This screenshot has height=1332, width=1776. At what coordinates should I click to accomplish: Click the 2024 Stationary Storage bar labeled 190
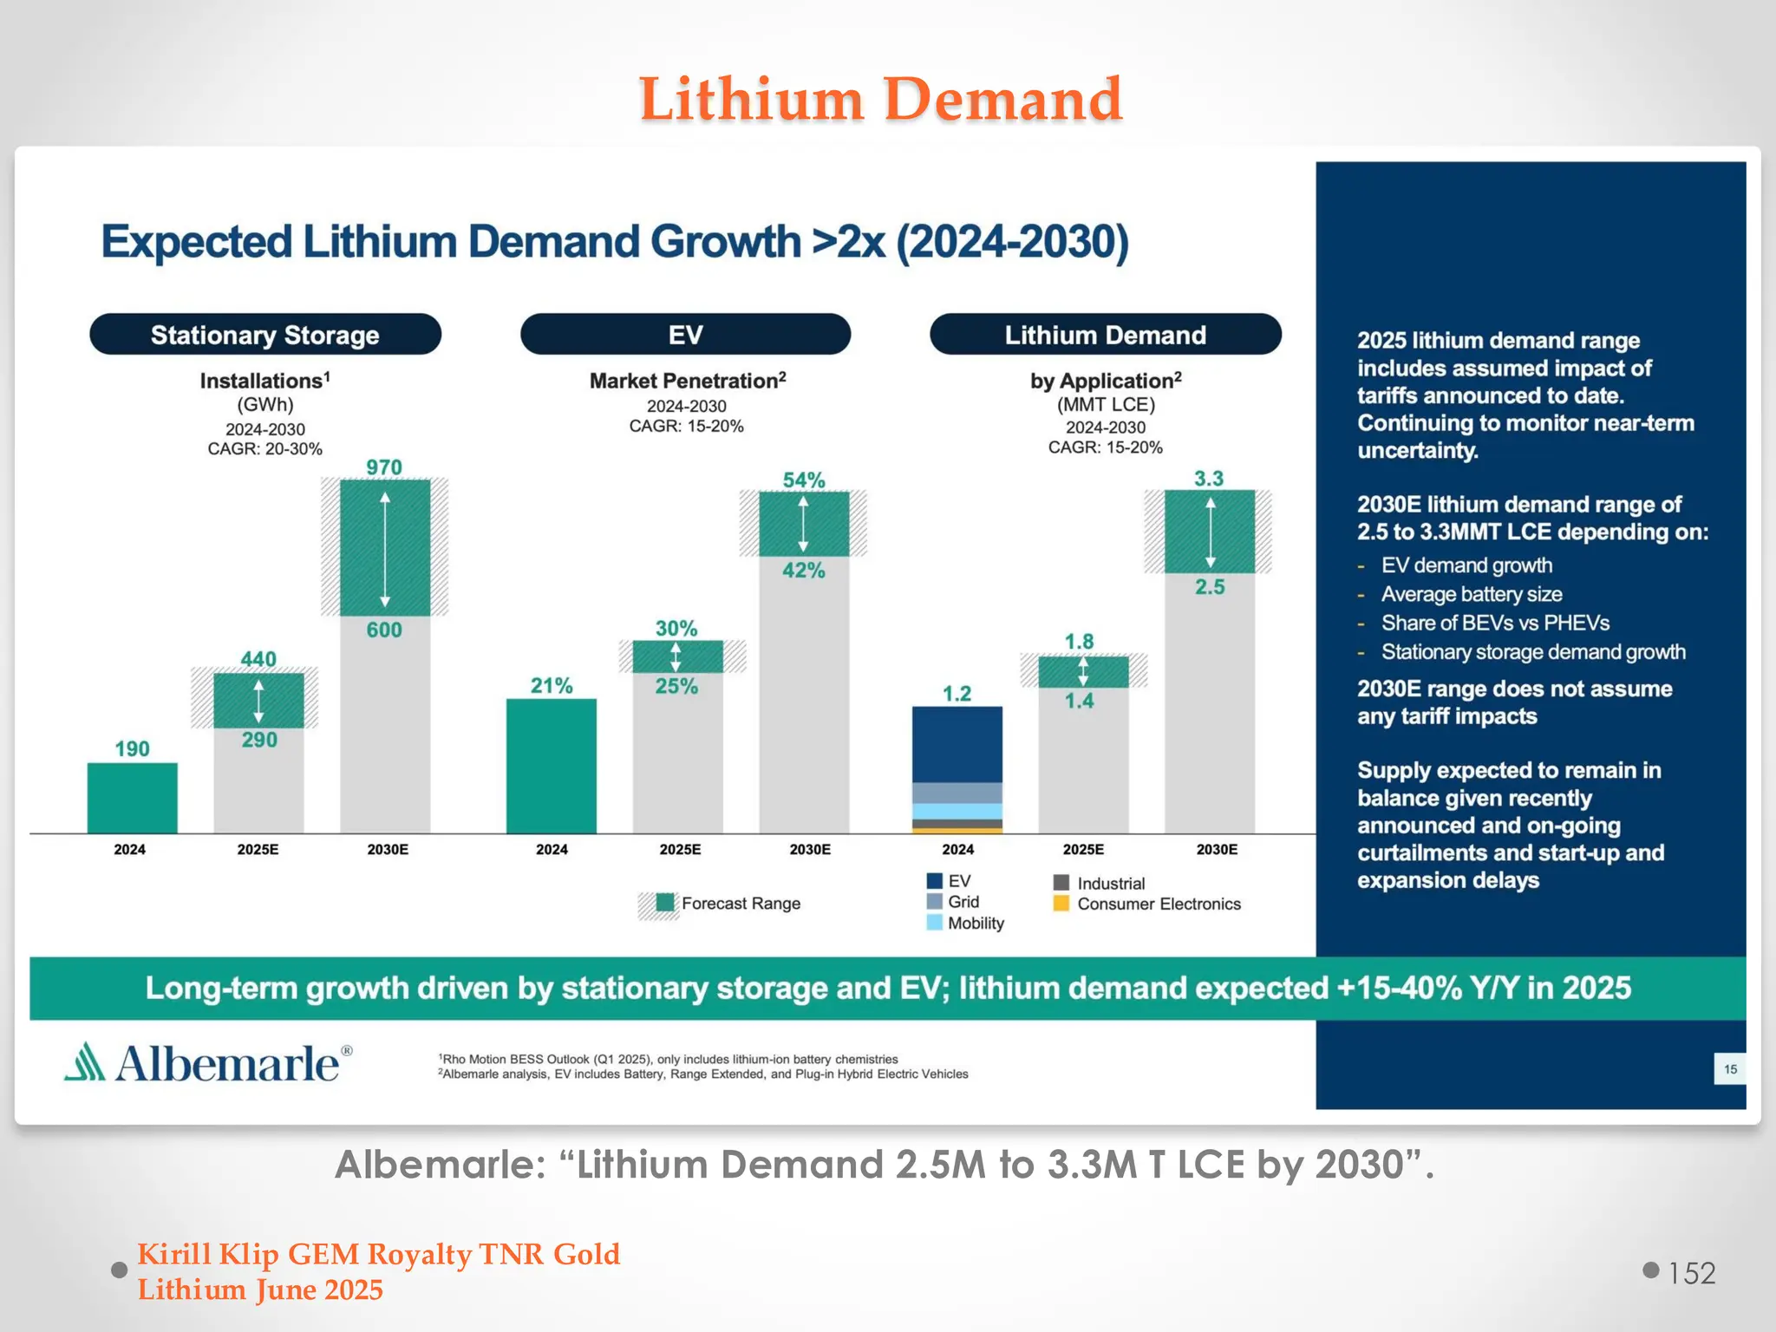(x=132, y=798)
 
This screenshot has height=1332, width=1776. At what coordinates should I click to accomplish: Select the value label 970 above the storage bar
(x=384, y=467)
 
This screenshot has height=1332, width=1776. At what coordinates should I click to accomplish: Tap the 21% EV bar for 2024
(x=552, y=765)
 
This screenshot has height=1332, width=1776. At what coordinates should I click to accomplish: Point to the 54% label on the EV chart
(x=804, y=480)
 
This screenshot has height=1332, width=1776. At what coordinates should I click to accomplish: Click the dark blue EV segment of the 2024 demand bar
(x=957, y=744)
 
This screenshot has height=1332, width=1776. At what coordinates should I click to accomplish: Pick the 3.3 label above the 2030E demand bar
(x=1209, y=479)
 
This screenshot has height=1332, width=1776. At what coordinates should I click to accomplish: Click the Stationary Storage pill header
(x=265, y=335)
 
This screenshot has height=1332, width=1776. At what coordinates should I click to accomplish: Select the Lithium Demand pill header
(x=1105, y=335)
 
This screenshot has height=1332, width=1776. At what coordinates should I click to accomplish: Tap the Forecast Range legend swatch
(x=664, y=904)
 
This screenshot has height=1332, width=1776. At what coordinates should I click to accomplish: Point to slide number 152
(x=1692, y=1273)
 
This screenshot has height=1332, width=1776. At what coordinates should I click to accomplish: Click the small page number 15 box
(x=1730, y=1069)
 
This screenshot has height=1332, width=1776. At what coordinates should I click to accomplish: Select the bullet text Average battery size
(x=1472, y=594)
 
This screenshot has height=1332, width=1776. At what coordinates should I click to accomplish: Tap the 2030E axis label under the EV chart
(x=810, y=850)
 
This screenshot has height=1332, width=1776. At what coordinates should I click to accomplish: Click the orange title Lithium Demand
(x=881, y=99)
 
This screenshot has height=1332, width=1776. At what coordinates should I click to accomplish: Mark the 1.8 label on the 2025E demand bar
(x=1080, y=642)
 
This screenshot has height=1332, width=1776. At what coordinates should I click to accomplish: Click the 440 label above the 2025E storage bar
(x=258, y=659)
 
